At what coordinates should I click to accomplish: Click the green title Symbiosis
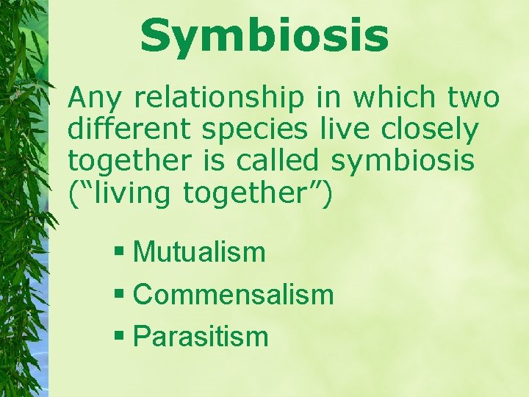(x=264, y=36)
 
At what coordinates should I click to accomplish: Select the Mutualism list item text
(x=199, y=252)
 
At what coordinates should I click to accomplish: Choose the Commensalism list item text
(x=234, y=295)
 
